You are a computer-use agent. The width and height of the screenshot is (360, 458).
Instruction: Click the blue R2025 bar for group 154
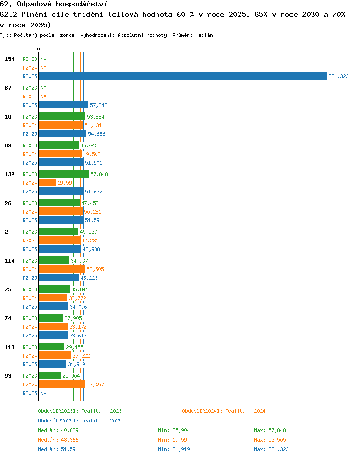(183, 76)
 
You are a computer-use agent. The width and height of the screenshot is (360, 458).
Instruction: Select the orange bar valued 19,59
(48, 182)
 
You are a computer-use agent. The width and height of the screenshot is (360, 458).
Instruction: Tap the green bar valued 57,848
(64, 174)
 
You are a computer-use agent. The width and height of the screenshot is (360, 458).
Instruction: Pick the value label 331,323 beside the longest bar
(338, 76)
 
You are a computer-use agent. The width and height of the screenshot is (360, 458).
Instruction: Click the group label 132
(9, 174)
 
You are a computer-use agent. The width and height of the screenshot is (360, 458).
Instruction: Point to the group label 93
(8, 375)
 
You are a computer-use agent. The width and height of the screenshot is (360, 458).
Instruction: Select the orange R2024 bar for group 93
(62, 384)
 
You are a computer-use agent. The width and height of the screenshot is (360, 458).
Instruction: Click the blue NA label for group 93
(43, 393)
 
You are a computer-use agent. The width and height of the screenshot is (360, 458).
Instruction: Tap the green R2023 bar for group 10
(62, 116)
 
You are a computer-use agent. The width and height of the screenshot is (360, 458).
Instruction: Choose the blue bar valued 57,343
(64, 105)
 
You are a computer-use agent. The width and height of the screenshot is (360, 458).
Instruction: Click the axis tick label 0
(38, 49)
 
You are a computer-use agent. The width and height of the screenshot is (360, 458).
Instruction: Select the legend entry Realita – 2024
(224, 411)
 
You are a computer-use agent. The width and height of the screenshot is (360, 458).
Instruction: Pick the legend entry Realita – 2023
(80, 411)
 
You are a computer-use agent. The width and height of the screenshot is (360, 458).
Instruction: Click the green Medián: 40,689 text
(58, 430)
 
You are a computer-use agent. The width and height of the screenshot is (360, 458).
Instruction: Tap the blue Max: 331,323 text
(271, 449)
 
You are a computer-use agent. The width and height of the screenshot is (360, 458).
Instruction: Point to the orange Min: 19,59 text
(172, 440)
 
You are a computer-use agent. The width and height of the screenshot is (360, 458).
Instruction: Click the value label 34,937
(79, 261)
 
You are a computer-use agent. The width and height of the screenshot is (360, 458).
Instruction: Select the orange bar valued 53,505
(62, 269)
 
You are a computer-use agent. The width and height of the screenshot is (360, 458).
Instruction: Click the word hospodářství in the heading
(82, 4)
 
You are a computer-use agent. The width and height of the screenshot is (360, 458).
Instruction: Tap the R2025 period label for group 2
(30, 249)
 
